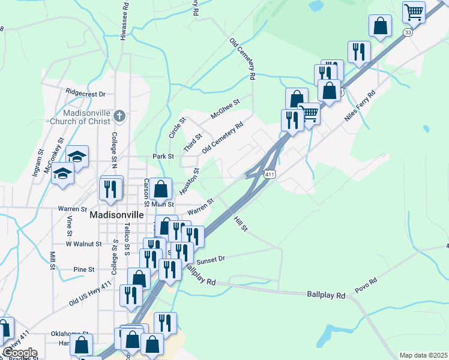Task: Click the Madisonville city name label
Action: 116,215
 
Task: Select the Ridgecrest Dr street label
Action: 86,94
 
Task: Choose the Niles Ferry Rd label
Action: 360,106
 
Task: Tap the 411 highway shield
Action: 270,174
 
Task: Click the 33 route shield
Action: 408,32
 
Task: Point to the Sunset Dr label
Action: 210,258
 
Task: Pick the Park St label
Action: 163,156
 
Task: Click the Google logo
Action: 19,353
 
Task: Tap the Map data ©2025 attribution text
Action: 423,355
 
